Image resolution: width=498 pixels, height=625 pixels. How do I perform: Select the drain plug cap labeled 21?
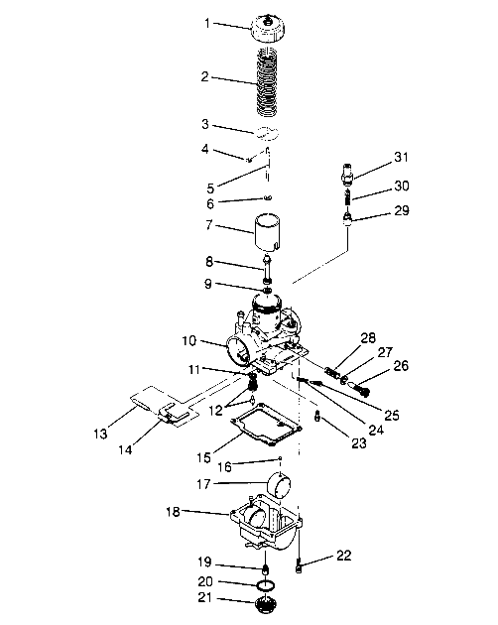click(265, 606)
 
